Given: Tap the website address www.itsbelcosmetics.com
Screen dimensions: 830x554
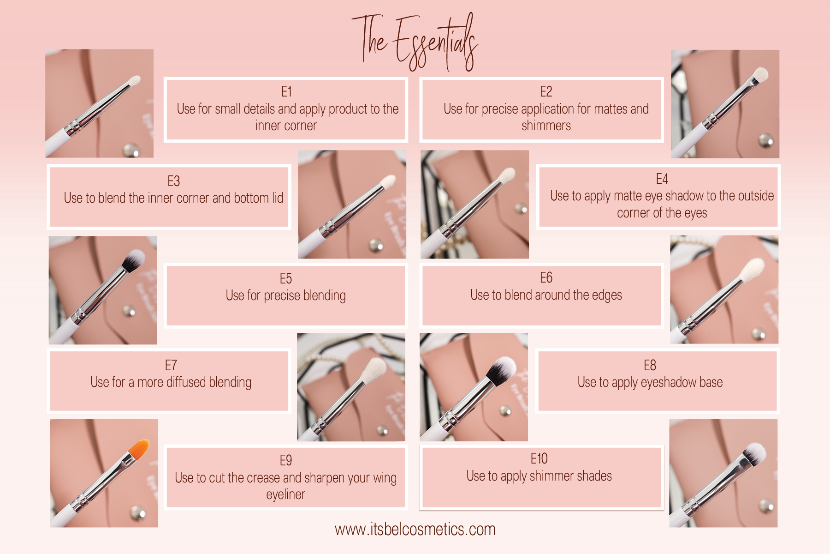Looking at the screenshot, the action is point(415,529).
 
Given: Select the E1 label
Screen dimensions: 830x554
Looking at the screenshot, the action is point(286,91).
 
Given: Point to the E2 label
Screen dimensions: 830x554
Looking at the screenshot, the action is point(546,91).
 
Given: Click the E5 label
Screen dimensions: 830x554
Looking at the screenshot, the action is point(286,278).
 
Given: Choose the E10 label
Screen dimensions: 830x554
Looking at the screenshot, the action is point(539,458).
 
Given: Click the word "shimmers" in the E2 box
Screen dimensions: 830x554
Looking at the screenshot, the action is point(546,126).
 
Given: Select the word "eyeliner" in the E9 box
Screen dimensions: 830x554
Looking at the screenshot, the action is point(285,494).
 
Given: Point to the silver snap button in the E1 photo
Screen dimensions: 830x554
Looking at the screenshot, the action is point(131,150).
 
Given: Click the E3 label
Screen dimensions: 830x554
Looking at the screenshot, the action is point(173,181).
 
